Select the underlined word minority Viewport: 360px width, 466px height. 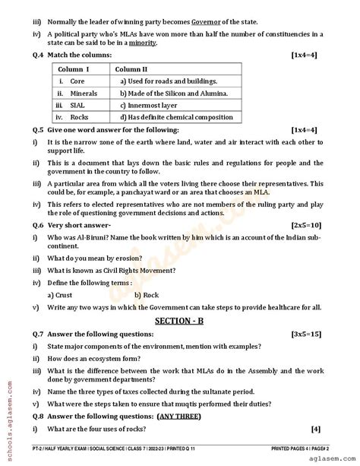(x=142, y=43)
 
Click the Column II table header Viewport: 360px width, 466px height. (x=134, y=68)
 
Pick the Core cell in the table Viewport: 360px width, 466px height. (x=77, y=81)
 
